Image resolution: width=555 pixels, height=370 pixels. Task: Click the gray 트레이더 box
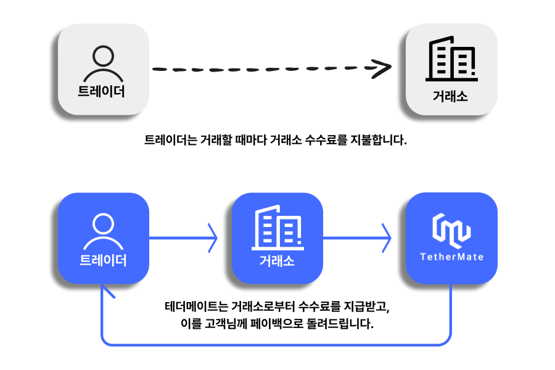[104, 69]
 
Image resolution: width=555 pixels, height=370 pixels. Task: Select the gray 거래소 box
[451, 69]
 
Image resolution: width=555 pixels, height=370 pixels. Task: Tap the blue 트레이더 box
[104, 238]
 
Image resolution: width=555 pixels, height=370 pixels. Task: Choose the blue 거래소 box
[277, 238]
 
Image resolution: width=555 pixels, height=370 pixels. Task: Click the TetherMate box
[451, 238]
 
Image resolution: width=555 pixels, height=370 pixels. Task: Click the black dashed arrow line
[259, 69]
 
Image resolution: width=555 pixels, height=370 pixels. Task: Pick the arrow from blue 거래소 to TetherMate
[357, 237]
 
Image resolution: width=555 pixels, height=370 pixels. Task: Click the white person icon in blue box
[103, 231]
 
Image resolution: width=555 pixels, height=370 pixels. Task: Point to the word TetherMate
[451, 257]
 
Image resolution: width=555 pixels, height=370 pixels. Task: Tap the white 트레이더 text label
[103, 260]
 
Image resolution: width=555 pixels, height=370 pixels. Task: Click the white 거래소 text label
[277, 261]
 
